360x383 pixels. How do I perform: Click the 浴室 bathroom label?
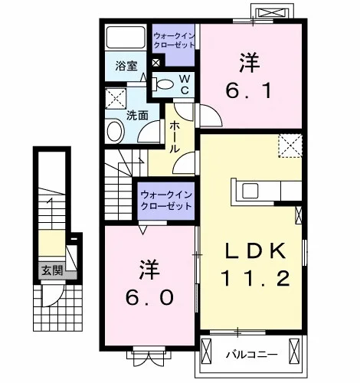coord(126,66)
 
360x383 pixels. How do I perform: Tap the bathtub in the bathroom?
coord(126,38)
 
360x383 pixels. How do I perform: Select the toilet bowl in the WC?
coord(164,84)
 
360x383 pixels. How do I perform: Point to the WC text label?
coord(185,84)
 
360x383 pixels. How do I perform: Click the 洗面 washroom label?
coord(137,116)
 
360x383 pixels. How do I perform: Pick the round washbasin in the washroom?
coord(115,132)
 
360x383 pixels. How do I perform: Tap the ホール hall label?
coord(175,137)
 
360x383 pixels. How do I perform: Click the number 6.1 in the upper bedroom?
coord(248,91)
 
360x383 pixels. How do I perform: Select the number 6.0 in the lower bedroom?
coord(149,297)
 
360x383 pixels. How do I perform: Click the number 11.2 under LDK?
coord(255,278)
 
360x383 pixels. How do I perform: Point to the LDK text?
coord(255,250)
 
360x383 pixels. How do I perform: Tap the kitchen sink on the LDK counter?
coord(250,191)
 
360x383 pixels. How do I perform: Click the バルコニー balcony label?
coord(252,355)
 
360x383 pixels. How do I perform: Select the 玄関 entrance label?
coord(52,270)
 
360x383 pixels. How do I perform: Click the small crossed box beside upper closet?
coord(156,63)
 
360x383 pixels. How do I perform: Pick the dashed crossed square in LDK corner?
coord(290,146)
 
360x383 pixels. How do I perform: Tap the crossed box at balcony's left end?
coord(206,350)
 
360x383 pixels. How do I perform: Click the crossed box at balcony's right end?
coord(294,351)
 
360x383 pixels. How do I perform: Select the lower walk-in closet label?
coord(166,201)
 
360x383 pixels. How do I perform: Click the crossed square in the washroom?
coord(116,99)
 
